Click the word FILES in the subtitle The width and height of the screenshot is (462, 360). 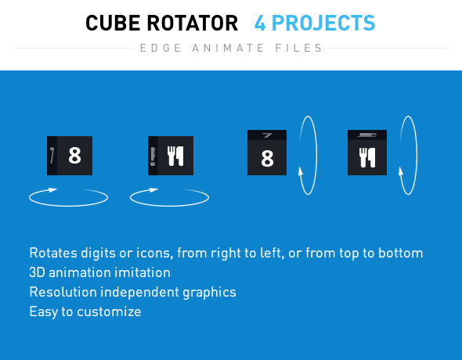coord(301,49)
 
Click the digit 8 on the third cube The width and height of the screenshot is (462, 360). coord(267,159)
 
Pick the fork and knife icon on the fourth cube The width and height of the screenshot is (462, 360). coord(367,159)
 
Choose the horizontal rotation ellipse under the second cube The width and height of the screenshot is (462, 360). coord(168,198)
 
